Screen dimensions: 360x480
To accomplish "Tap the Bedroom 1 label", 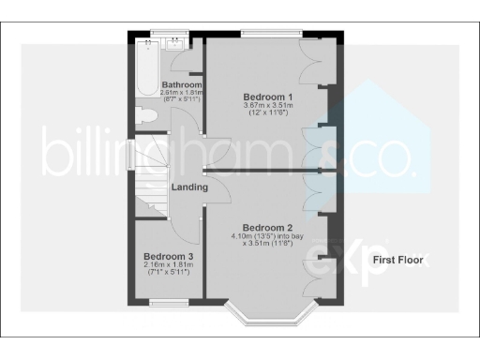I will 269,97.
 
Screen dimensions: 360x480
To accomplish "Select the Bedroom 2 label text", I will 268,227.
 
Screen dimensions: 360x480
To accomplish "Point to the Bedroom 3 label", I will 169,256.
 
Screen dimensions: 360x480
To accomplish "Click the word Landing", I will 189,187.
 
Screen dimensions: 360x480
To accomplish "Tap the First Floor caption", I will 397,260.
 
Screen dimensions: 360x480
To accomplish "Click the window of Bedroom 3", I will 168,302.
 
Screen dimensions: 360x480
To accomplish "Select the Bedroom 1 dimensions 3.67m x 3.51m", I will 269,106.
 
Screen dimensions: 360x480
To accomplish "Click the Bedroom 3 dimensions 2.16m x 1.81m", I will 169,265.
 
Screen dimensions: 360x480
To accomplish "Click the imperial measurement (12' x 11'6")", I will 269,114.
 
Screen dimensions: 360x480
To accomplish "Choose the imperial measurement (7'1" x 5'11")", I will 169,273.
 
